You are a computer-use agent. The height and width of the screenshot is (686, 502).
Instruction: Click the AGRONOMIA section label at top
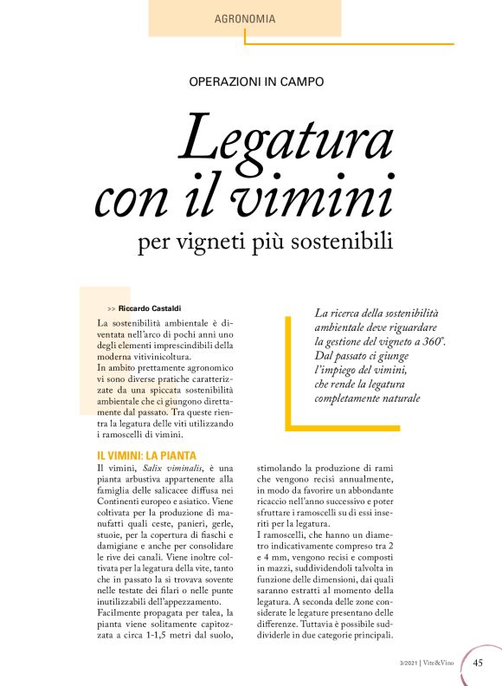(x=245, y=17)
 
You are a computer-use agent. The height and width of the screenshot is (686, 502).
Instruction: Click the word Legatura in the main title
(x=286, y=139)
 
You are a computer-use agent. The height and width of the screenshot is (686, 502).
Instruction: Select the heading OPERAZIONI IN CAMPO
(x=256, y=82)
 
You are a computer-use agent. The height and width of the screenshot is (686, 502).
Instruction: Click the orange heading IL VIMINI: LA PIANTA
(x=146, y=456)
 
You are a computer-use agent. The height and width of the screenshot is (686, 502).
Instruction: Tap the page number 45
(x=478, y=664)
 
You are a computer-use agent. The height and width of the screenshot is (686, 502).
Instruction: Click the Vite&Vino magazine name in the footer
(x=441, y=664)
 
